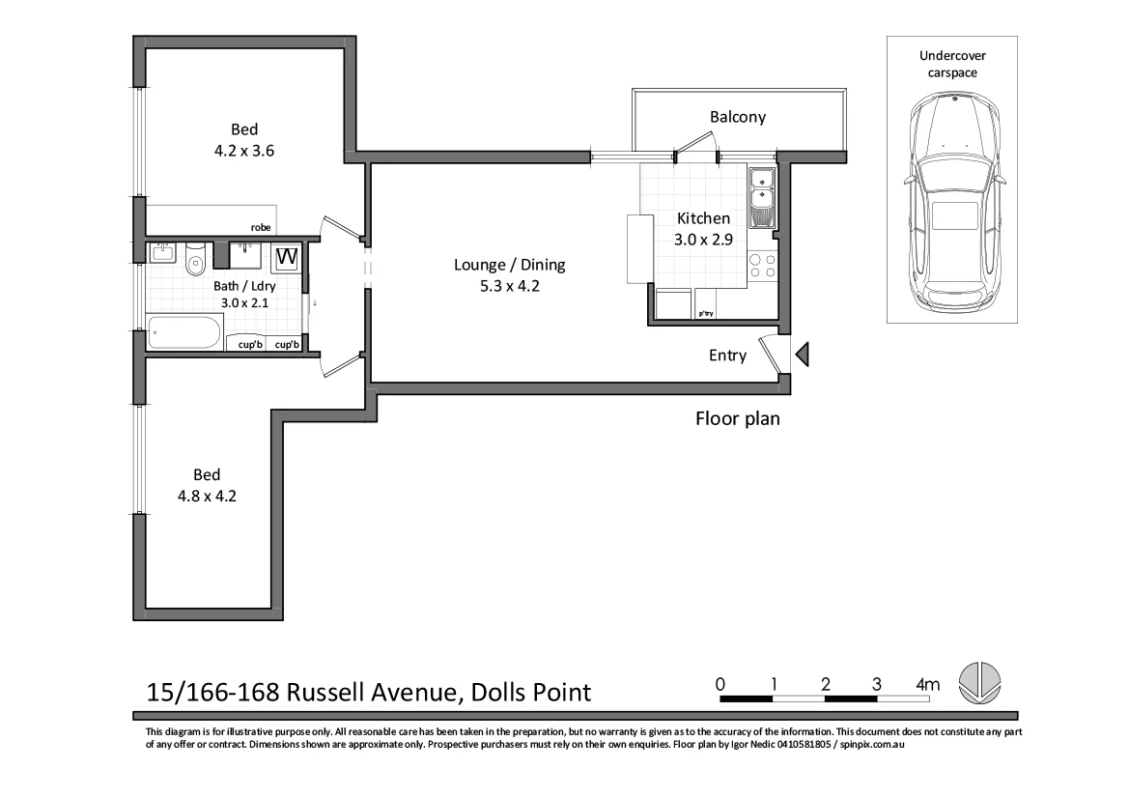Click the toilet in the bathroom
[x=196, y=260]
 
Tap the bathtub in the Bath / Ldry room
[x=184, y=333]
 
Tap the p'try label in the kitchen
[x=705, y=313]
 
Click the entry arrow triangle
[x=802, y=356]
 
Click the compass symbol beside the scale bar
[x=980, y=682]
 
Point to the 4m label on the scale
[x=927, y=685]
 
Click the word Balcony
[x=738, y=117]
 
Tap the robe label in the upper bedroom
[x=261, y=228]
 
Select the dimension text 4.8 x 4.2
[x=206, y=497]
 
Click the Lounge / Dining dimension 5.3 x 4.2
[x=510, y=285]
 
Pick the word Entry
[x=727, y=356]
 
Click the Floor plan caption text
[x=737, y=419]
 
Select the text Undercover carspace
[x=951, y=64]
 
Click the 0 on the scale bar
[x=720, y=685]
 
